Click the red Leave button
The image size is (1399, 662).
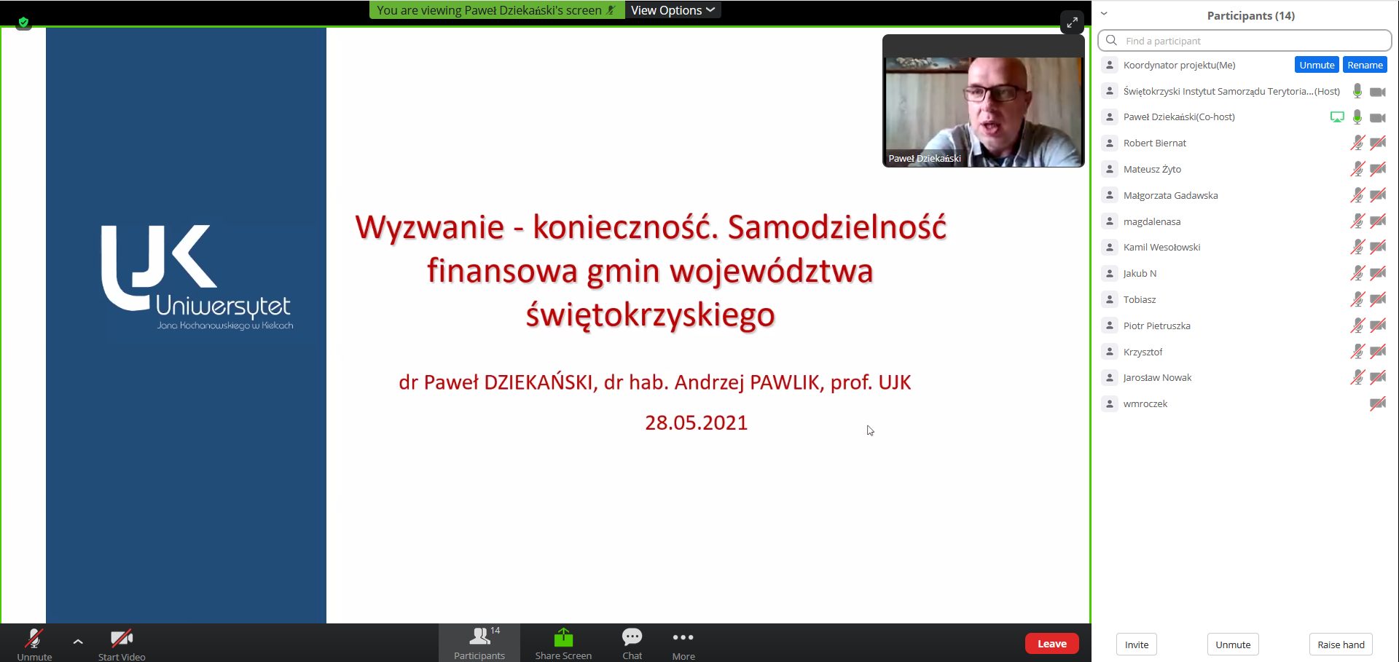[x=1051, y=644]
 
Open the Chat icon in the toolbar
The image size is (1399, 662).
[x=632, y=638]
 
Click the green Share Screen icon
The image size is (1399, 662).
[x=563, y=638]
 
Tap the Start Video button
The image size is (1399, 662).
[x=122, y=645]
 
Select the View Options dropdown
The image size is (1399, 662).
[x=673, y=10]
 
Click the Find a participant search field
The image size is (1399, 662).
[x=1245, y=41]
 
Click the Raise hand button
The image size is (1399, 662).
[x=1341, y=645]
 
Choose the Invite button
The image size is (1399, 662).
[x=1136, y=645]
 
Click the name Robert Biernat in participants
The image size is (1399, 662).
[x=1154, y=143]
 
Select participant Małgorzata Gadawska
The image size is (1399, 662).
[x=1170, y=195]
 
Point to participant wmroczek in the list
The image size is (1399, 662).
[x=1145, y=404]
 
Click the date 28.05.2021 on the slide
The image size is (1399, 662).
[x=696, y=423]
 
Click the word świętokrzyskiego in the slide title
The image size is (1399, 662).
[x=650, y=315]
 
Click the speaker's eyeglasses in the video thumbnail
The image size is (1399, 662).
[x=992, y=93]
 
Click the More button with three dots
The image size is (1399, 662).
[x=683, y=645]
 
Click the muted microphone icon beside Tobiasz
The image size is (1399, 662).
[x=1357, y=299]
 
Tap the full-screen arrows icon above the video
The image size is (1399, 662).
[x=1072, y=23]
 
